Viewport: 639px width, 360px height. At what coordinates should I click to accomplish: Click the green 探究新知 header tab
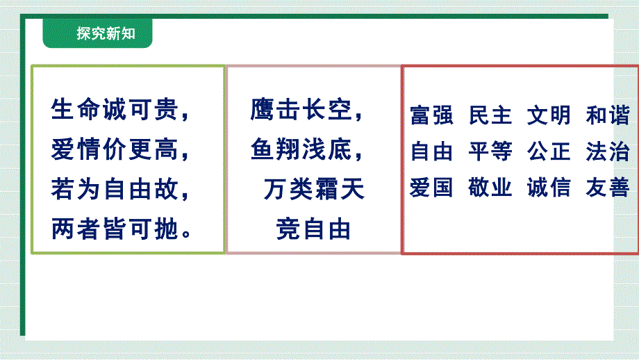pos(97,33)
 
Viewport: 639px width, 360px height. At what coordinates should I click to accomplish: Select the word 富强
pos(431,115)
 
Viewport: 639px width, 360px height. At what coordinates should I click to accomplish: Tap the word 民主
pos(490,115)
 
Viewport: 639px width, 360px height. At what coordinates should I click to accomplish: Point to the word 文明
pos(549,115)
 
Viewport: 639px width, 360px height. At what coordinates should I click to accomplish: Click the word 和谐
pos(608,115)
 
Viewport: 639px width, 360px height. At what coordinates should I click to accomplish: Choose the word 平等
pos(490,152)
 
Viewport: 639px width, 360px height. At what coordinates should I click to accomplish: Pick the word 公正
pos(549,152)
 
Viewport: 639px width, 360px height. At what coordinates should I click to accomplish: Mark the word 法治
pos(608,152)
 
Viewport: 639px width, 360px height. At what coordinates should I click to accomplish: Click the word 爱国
pos(431,188)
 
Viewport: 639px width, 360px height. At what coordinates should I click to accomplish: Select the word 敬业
pos(490,188)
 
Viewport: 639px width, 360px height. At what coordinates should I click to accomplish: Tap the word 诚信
pos(549,188)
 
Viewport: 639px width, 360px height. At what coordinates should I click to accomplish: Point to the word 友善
pos(608,188)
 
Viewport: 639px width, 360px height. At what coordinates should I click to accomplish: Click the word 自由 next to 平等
pos(431,152)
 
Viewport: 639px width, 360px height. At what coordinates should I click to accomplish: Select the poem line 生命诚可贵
pos(115,110)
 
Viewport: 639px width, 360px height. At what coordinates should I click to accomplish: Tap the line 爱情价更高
pos(115,149)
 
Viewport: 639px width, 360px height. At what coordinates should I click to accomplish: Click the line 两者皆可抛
pos(115,229)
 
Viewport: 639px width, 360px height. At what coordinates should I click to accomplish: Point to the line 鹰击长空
pos(301,110)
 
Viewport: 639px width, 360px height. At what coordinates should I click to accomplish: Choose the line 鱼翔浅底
pos(301,149)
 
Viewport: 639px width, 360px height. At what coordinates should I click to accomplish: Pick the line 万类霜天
pos(314,189)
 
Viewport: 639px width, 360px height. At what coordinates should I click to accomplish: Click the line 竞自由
pos(313,229)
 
